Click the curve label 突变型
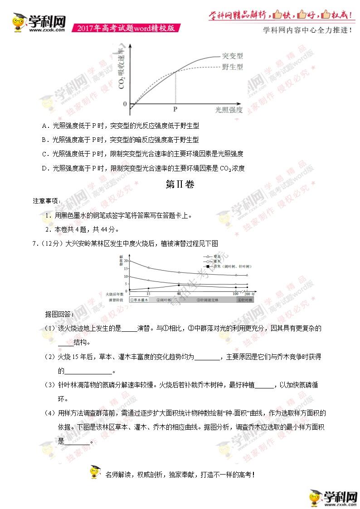[233, 56]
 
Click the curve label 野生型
[233, 67]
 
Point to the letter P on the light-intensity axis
[175, 110]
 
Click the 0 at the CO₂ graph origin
[125, 104]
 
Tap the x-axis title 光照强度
[229, 110]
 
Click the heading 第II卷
[180, 185]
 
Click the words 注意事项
[46, 201]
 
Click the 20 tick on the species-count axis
[125, 261]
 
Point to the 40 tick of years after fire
[179, 294]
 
